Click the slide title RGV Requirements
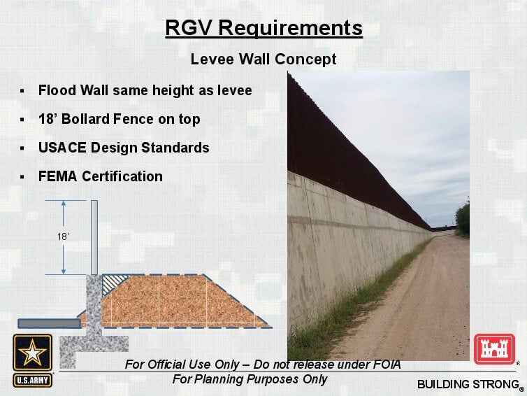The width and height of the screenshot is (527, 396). point(263,28)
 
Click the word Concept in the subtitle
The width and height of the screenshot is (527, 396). point(305,59)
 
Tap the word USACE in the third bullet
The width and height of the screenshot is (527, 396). point(62,148)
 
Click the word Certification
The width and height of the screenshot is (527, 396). point(122,176)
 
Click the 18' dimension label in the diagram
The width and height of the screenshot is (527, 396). point(63,237)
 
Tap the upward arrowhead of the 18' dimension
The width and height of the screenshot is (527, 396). point(63,204)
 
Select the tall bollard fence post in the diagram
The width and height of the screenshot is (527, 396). point(94,238)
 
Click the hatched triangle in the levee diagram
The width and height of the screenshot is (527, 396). point(112,283)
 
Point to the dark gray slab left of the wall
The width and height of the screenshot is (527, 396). point(50,324)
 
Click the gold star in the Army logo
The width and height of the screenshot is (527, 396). point(32,352)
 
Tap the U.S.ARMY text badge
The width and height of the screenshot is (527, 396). point(33,381)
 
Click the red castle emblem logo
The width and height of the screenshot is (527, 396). point(494,349)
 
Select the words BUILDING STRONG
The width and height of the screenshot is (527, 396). point(468,384)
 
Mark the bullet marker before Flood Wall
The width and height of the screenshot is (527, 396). point(22,91)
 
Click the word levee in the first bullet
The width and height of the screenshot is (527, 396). point(235,90)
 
